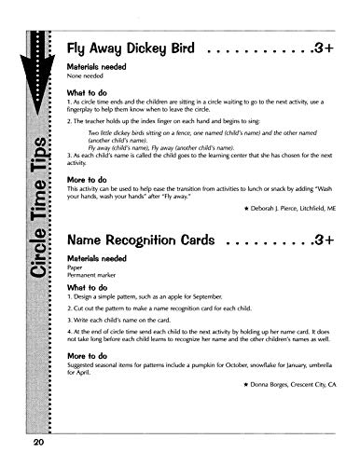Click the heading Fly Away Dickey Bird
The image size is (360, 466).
pos(125,52)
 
